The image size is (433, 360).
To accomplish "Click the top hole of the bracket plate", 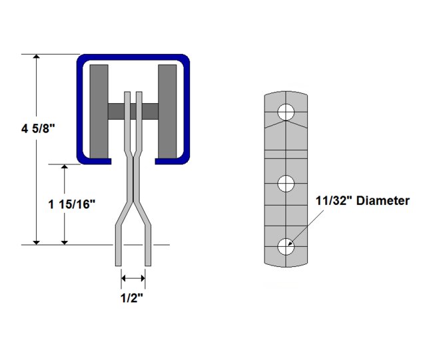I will click(286, 112).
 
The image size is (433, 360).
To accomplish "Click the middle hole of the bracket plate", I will click(286, 182).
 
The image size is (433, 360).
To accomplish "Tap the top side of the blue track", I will click(133, 59).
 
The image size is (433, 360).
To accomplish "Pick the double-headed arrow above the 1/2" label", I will click(133, 278).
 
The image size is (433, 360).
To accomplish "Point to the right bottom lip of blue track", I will click(172, 160).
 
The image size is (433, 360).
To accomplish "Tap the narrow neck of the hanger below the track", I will click(133, 180).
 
